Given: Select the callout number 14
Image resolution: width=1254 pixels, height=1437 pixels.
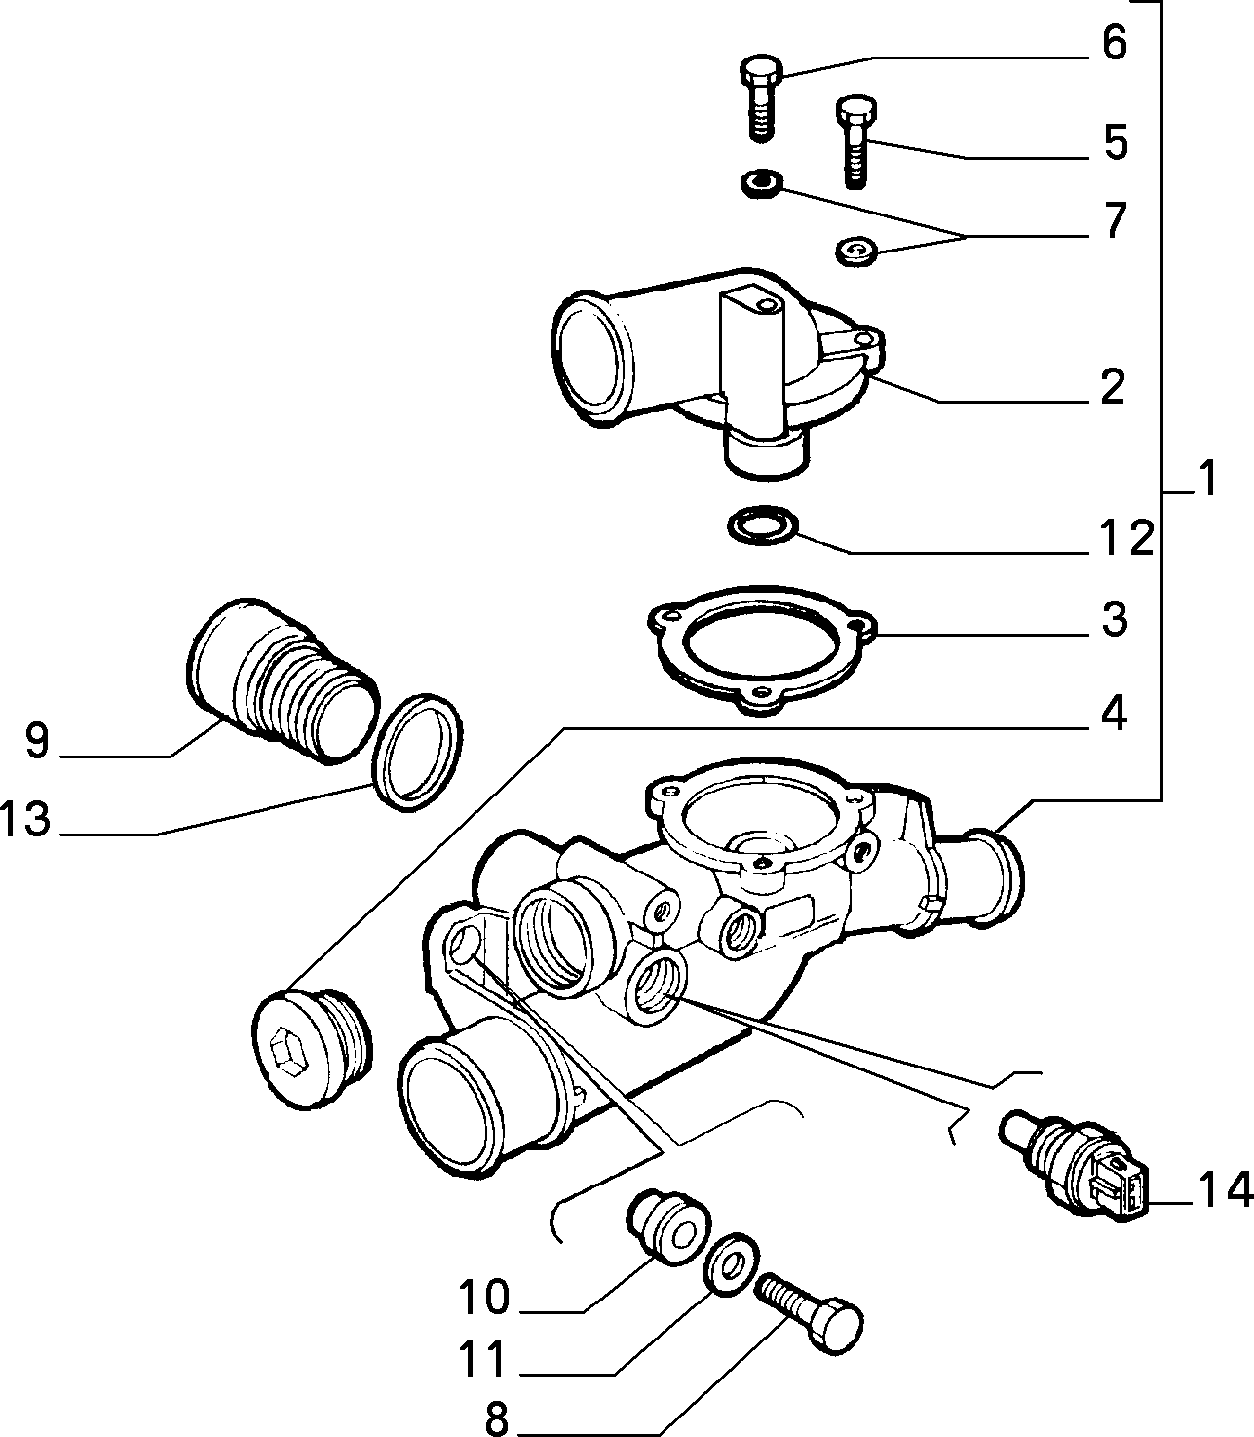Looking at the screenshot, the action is [1225, 1189].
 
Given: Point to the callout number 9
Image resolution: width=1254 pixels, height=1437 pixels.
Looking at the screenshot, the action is [37, 740].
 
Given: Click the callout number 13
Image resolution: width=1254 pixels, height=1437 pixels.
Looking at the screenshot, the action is [26, 819].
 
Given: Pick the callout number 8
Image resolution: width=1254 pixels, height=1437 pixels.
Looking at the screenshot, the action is [497, 1418].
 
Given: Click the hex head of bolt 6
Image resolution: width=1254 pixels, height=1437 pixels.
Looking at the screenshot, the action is [761, 70].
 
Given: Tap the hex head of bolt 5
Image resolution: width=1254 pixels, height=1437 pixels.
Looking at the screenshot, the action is [856, 110].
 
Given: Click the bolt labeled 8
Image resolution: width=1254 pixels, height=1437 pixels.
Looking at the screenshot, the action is [809, 1312].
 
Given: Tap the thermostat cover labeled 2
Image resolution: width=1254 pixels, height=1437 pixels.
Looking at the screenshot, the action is [716, 372].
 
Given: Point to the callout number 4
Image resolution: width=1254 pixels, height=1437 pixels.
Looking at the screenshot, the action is [1114, 715].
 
